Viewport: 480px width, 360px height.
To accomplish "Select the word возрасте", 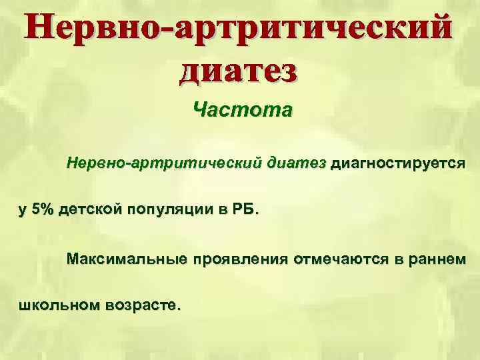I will coord(140,307).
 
